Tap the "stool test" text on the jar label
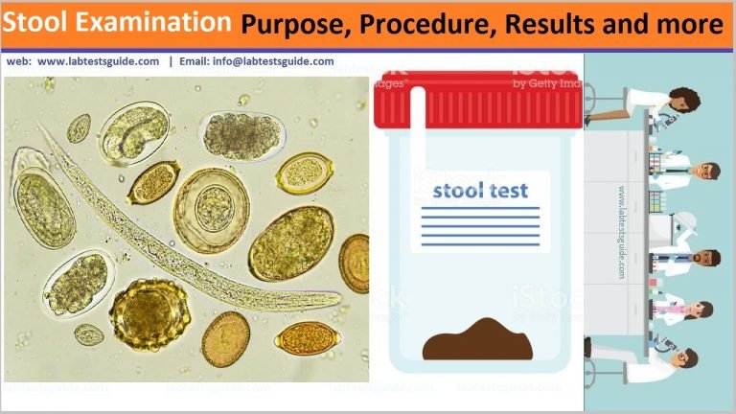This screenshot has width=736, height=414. (480, 190)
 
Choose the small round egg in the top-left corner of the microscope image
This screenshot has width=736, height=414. (79, 127)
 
